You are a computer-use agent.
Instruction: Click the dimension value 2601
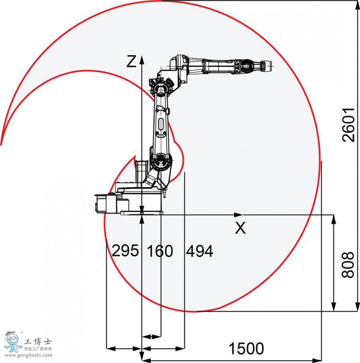coord(349,124)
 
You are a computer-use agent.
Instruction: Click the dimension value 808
coord(348,264)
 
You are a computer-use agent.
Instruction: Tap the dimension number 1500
coord(246,348)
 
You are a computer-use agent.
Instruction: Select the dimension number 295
coord(125,251)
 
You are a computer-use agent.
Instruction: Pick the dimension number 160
coord(160,251)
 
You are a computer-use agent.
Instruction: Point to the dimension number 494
coord(199,251)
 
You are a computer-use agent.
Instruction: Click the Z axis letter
coord(131,61)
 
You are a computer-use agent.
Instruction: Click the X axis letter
coord(240,228)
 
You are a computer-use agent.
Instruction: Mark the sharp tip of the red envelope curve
coord(1,144)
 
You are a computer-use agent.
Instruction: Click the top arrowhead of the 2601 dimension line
coord(356,4)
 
